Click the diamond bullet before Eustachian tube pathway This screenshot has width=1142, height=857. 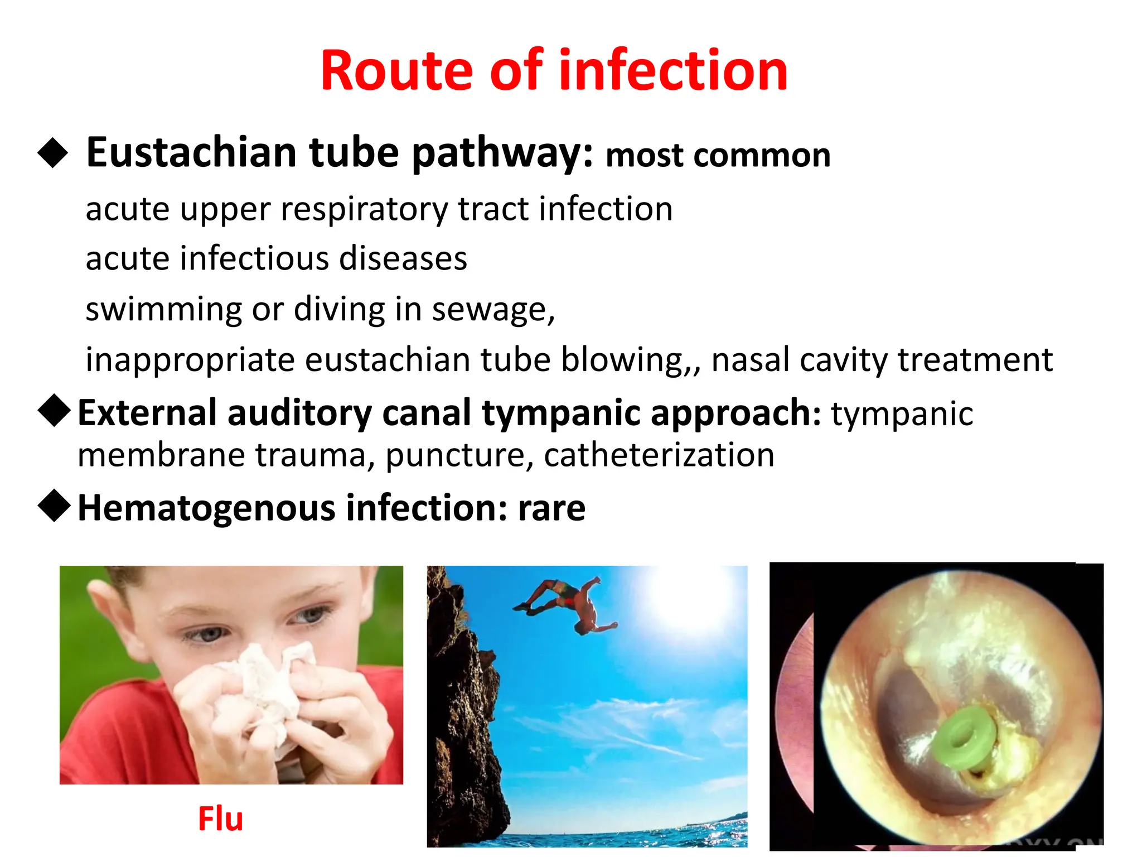pos(53,152)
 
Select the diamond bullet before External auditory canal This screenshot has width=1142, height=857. pos(54,411)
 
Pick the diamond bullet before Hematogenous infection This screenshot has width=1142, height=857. pos(54,505)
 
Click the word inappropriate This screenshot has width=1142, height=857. pos(190,360)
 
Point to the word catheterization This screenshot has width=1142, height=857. pos(659,455)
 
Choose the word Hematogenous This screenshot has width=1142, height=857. pos(206,508)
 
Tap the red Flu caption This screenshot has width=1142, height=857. pos(220,819)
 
